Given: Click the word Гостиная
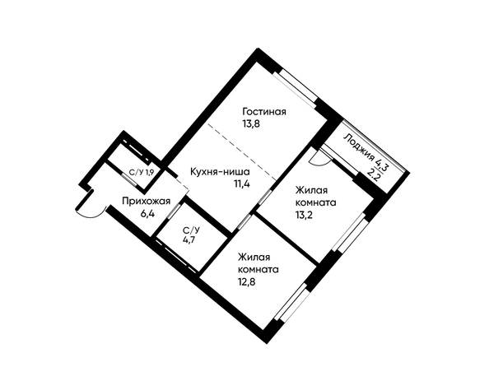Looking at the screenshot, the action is tap(264, 112).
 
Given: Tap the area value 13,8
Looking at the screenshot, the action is tap(251, 123).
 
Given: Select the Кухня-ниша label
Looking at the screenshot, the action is tap(220, 172).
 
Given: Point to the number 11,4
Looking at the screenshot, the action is tap(242, 184).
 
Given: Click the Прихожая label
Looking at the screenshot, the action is tap(147, 202).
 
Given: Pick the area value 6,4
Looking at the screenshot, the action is tap(148, 214).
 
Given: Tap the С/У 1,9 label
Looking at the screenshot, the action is tap(142, 173).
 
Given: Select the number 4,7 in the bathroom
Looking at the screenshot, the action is tap(189, 241).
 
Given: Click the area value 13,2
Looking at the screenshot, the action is tap(304, 215).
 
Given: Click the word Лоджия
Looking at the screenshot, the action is tap(360, 147).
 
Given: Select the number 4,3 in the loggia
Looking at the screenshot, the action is tap(382, 165).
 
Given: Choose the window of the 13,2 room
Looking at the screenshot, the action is tap(349, 232).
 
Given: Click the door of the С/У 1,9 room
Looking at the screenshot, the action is tap(129, 180).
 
